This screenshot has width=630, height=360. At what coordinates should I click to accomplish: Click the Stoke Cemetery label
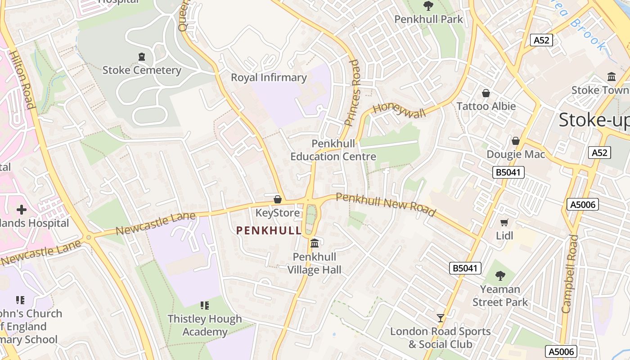tap(142, 70)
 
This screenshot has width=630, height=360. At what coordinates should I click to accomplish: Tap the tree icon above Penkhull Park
tap(428, 6)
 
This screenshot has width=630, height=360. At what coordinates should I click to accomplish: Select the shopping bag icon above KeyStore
tap(278, 199)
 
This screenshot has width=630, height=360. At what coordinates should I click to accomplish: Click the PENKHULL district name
tap(269, 231)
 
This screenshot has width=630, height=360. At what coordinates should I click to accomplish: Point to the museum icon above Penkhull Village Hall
tap(315, 243)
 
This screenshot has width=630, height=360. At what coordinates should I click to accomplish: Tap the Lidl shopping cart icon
tap(504, 223)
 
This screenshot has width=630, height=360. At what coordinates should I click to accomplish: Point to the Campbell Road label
tap(569, 274)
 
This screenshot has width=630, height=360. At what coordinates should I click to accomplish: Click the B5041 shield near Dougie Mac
tap(508, 172)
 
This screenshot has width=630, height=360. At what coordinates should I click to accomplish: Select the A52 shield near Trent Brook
tap(541, 40)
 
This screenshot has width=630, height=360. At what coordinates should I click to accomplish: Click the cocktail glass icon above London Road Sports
tap(441, 318)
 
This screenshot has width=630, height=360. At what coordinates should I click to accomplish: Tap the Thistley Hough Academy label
tap(205, 325)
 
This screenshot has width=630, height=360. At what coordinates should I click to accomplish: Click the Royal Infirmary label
tap(269, 77)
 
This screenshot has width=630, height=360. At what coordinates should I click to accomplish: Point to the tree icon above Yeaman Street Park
tap(500, 276)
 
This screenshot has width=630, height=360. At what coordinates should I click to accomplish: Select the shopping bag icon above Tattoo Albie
tap(486, 93)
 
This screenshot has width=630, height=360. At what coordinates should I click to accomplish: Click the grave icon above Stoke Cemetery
tap(142, 57)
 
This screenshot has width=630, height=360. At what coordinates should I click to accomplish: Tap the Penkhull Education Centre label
tap(333, 150)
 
